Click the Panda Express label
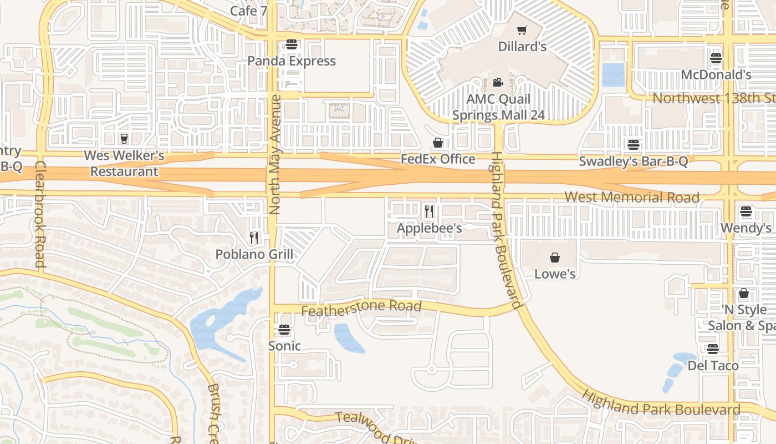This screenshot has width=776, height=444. coord(292,61)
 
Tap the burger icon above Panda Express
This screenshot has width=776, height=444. coord(292,44)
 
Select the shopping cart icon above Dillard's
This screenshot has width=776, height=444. coord(522,30)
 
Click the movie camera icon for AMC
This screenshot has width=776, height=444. coord(498,83)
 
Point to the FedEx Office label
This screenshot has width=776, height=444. coord(438,159)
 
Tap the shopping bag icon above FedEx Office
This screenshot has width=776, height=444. coord(438,143)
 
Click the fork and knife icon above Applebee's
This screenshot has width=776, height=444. coord(429,211)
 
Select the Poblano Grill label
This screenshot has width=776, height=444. coord(254,255)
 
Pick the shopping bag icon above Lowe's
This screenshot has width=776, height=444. coord(554,258)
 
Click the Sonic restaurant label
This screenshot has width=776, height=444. coord(284,346)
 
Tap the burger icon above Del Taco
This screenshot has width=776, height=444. coord(713,349)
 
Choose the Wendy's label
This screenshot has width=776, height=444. coord(746,228)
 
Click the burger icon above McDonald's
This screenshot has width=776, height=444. coord(716,58)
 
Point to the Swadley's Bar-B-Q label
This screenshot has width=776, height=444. coord(634,162)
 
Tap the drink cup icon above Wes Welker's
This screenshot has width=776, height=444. coord(124,138)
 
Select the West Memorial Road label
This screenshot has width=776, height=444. coord(632,197)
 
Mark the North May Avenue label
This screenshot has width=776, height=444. coord(275,154)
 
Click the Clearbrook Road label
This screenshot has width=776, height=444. coord(40,214)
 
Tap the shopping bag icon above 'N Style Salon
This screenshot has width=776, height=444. coord(744,293)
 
